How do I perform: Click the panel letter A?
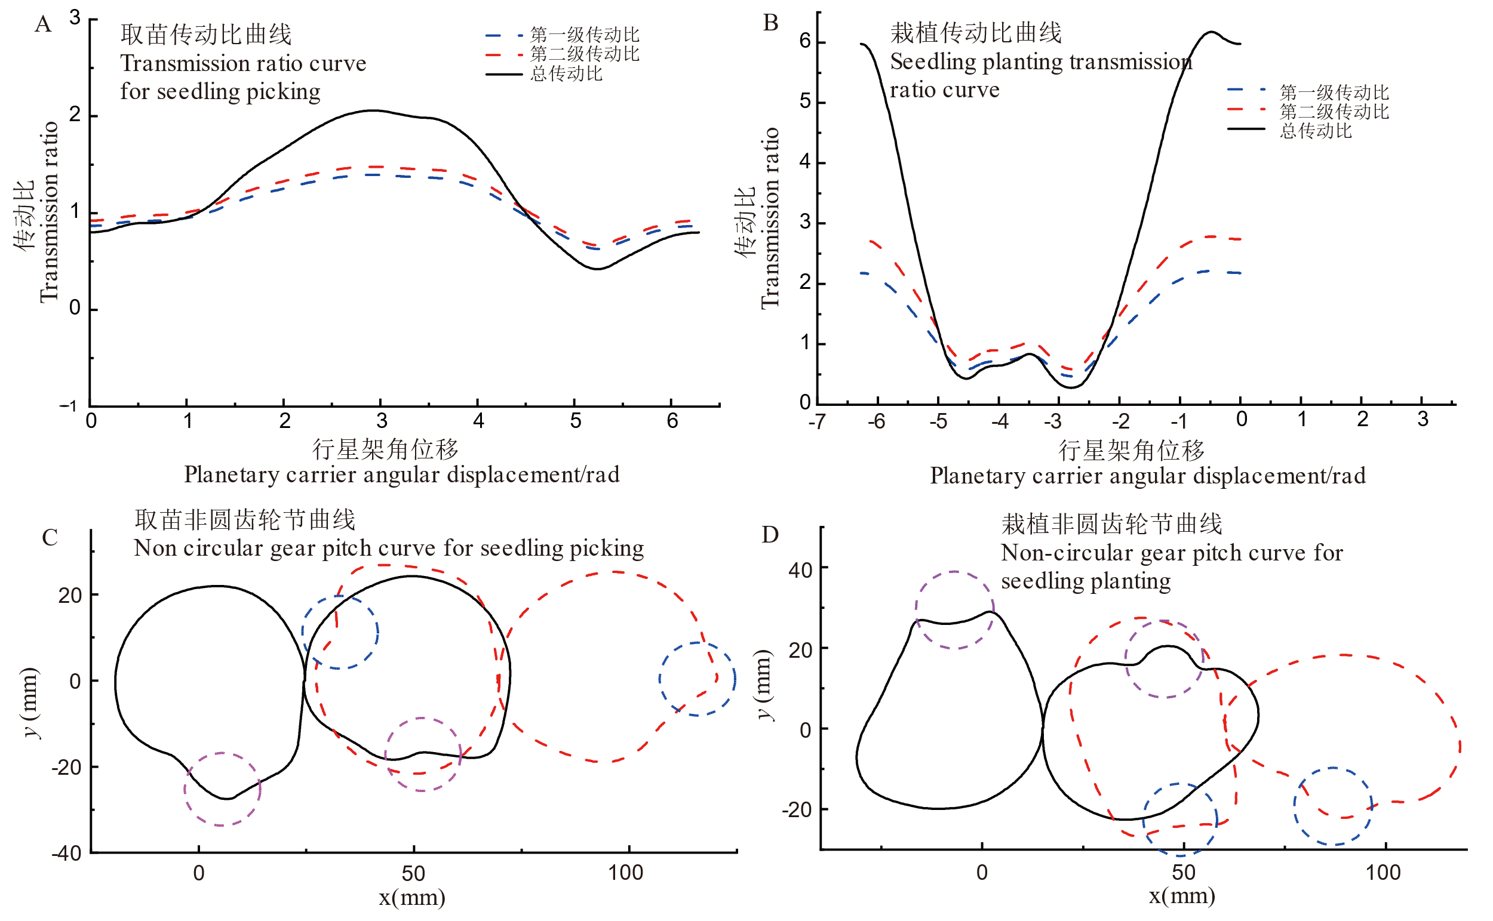click(x=42, y=25)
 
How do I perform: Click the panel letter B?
click(x=770, y=23)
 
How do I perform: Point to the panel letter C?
click(x=50, y=538)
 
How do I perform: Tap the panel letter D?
click(x=770, y=535)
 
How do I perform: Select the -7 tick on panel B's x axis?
click(x=817, y=421)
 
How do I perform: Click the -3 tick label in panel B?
click(x=1052, y=421)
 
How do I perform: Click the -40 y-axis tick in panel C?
click(x=66, y=854)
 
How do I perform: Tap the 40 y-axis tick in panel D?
click(x=800, y=571)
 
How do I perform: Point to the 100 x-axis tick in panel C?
click(x=625, y=873)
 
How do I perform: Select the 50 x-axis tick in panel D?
click(x=1183, y=873)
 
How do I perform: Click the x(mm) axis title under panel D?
click(x=1182, y=896)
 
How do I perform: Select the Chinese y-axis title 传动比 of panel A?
click(x=24, y=216)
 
